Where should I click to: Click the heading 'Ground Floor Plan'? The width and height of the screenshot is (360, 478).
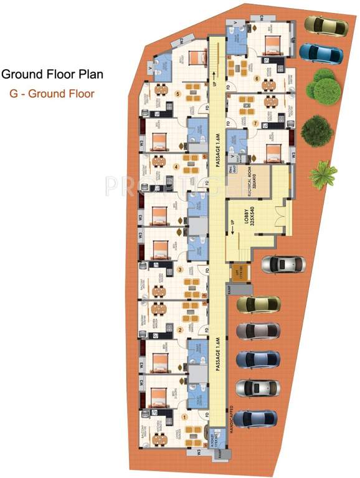pyautogui.click(x=52, y=75)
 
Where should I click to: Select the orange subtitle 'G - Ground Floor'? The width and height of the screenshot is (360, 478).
pyautogui.click(x=52, y=95)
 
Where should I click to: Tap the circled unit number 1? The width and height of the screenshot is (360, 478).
pyautogui.click(x=184, y=418)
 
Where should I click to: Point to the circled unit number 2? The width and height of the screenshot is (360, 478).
pyautogui.click(x=181, y=330)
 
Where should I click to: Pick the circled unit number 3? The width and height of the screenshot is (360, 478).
pyautogui.click(x=180, y=269)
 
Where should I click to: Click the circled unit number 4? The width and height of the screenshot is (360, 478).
pyautogui.click(x=176, y=167)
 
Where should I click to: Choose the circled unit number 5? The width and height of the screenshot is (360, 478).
pyautogui.click(x=178, y=94)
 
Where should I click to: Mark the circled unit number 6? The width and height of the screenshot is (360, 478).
pyautogui.click(x=257, y=78)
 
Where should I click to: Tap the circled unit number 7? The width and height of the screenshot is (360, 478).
pyautogui.click(x=255, y=124)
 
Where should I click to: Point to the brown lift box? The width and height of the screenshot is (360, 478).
pyautogui.click(x=238, y=273)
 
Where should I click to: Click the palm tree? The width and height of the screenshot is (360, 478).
pyautogui.click(x=323, y=175)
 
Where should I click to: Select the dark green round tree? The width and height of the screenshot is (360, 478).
pyautogui.click(x=313, y=129)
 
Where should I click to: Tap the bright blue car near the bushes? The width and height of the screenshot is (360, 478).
pyautogui.click(x=321, y=53)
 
